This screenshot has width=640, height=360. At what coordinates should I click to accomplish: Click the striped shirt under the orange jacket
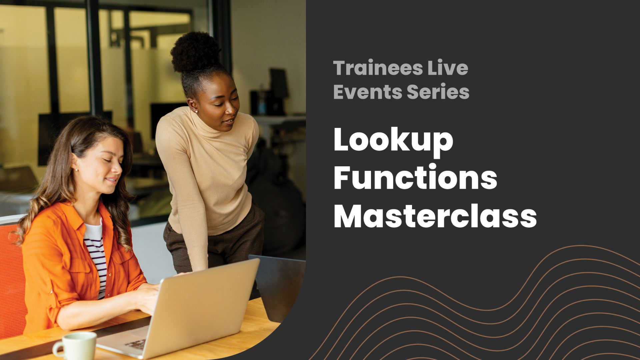97,257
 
